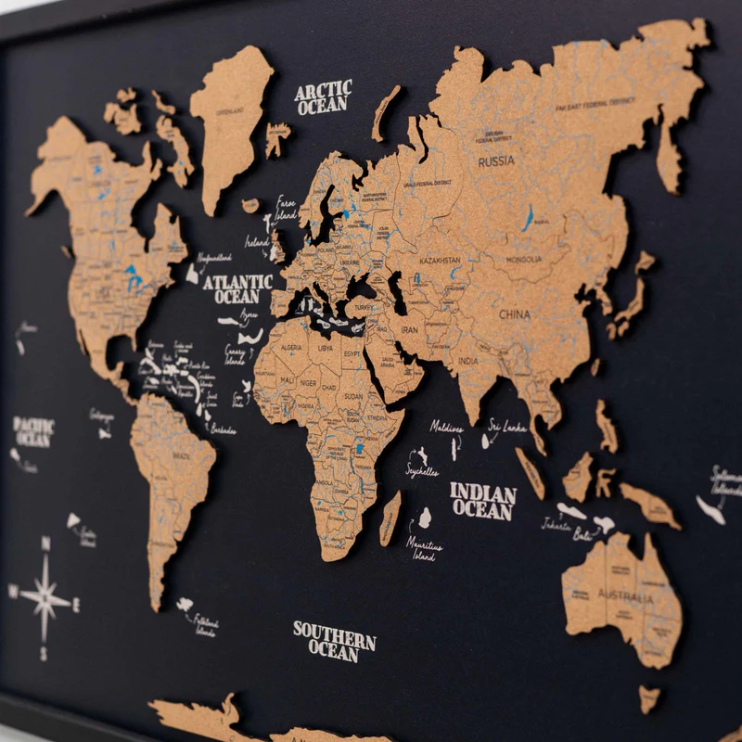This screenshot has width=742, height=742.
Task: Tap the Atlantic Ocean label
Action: (237, 288)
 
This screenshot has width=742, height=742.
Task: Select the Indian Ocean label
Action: (482, 501)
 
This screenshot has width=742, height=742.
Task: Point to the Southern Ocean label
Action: (334, 641)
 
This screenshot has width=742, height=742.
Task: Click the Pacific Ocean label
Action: (33, 432)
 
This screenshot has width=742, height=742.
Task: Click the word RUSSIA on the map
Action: (496, 160)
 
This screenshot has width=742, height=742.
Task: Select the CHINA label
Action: (515, 314)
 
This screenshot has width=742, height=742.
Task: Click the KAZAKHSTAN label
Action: (440, 262)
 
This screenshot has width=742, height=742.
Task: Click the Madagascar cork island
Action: (390, 518)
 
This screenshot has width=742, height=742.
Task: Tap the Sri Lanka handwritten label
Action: (507, 428)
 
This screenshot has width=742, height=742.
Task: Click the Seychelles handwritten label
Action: (421, 471)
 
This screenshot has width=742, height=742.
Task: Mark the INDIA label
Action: (468, 361)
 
